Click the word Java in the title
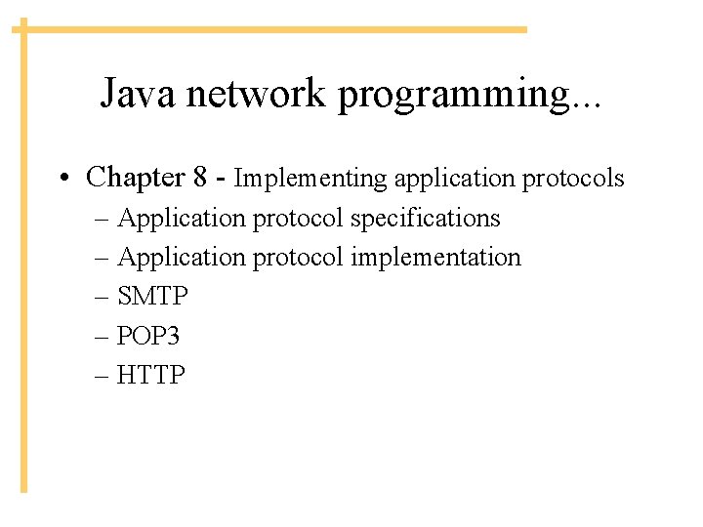tap(140, 94)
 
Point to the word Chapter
tap(136, 178)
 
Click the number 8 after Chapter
tap(200, 178)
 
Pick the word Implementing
tap(310, 179)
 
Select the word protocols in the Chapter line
tap(573, 179)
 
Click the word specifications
tap(425, 219)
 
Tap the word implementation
tap(435, 258)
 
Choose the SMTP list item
tap(151, 297)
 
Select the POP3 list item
tap(148, 336)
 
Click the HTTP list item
tap(150, 375)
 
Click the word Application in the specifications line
tap(182, 219)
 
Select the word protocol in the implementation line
tap(299, 258)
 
